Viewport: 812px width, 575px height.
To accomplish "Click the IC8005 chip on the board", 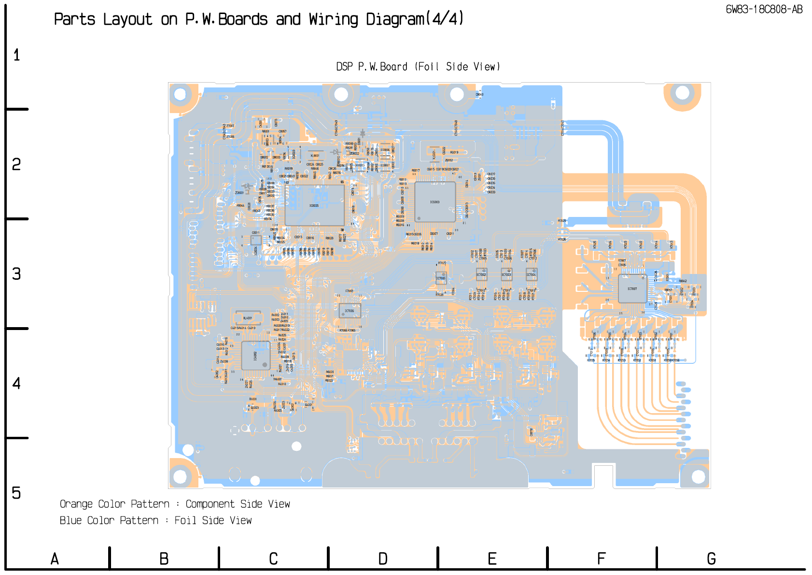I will click(x=314, y=205).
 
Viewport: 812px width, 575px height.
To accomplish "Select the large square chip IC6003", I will click(x=435, y=202).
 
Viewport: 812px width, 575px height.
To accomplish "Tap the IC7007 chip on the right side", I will click(x=632, y=288).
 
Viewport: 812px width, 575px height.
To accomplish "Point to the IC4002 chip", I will click(x=255, y=356).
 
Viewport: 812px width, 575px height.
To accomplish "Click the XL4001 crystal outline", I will click(x=248, y=318).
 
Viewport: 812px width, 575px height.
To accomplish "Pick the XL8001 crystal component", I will click(x=315, y=156).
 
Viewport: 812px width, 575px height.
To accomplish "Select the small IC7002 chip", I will click(x=481, y=274).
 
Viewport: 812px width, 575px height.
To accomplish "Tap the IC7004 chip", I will click(x=531, y=274).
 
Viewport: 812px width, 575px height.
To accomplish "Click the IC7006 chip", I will click(x=350, y=311).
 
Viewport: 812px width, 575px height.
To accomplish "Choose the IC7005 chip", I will click(x=441, y=278).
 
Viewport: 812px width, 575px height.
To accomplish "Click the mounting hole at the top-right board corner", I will click(x=682, y=93).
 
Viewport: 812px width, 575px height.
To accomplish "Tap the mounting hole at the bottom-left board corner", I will click(x=180, y=476).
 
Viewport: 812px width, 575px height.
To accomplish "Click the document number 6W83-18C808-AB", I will click(x=764, y=10).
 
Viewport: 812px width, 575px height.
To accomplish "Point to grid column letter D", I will click(x=383, y=559).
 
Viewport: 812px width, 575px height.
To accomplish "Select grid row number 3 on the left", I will click(x=16, y=274).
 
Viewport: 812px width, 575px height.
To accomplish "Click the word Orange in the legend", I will click(x=76, y=504).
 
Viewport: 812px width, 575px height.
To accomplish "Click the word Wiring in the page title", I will click(x=334, y=19).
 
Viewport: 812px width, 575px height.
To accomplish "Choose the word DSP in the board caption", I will click(x=345, y=67).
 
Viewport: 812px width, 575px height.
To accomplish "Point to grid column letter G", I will click(x=711, y=559).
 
